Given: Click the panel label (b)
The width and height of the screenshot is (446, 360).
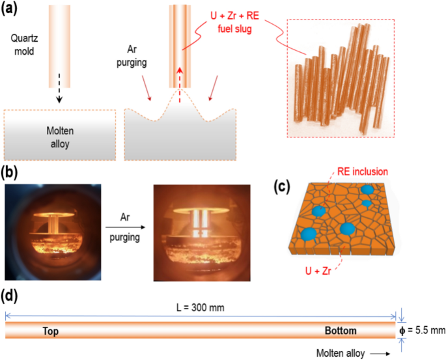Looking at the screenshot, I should (x=14, y=173).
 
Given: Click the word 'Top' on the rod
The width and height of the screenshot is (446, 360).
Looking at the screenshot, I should (x=51, y=331).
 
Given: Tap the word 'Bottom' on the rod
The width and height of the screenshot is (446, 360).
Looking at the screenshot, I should (x=341, y=331).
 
